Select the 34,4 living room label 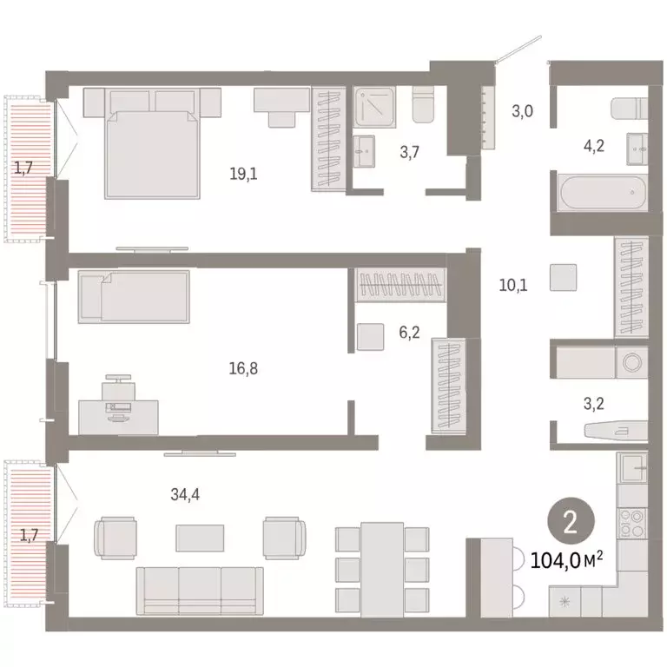(x=188, y=495)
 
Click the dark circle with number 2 (x=571, y=522)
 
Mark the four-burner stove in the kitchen (x=631, y=523)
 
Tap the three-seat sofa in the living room (x=200, y=589)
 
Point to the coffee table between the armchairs (x=200, y=538)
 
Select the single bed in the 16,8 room (x=133, y=296)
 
